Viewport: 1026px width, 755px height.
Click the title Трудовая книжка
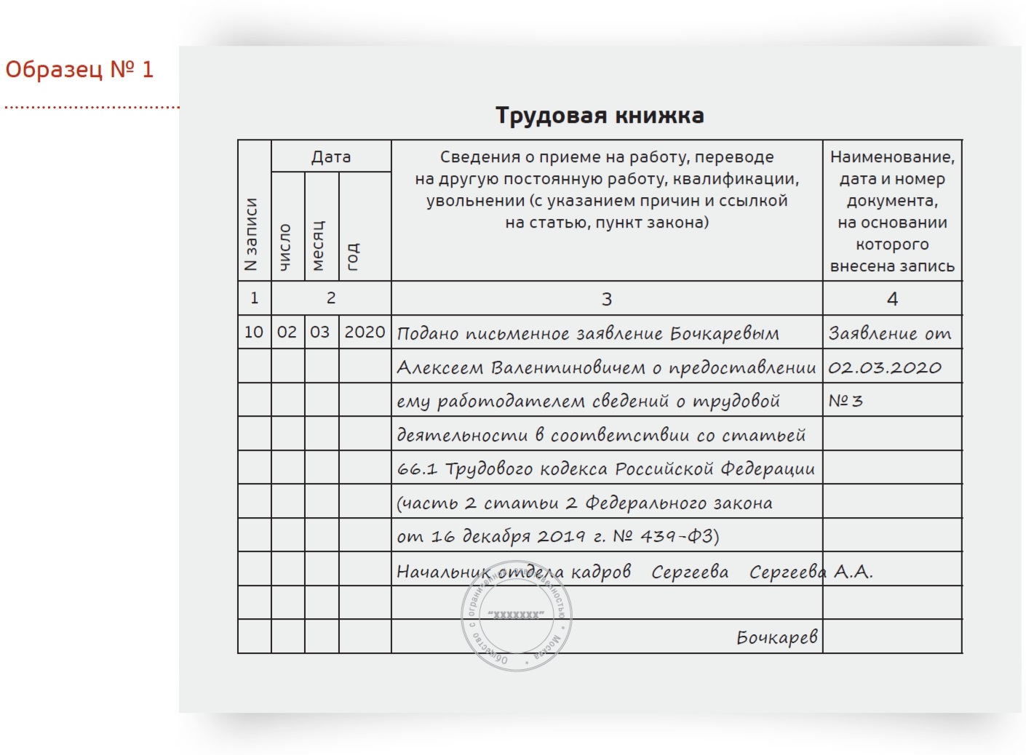click(600, 116)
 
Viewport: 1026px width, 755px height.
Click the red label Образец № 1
click(79, 69)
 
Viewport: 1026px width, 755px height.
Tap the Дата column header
click(331, 156)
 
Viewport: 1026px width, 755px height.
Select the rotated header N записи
click(252, 234)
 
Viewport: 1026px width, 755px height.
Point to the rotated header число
click(285, 247)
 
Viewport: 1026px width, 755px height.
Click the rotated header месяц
click(318, 245)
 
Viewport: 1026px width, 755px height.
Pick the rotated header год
click(352, 257)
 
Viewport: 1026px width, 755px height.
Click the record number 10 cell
click(254, 332)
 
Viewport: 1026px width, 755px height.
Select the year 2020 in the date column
click(365, 332)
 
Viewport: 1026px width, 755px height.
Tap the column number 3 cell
click(607, 298)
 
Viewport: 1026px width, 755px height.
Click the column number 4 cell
click(892, 298)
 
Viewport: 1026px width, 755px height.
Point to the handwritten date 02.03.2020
click(885, 367)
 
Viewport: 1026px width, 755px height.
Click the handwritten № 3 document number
click(846, 401)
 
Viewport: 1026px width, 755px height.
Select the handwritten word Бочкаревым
click(725, 333)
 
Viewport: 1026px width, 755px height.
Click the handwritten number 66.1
click(417, 469)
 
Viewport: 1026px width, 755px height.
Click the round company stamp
click(517, 617)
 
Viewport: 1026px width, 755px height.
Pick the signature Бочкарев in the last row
click(777, 638)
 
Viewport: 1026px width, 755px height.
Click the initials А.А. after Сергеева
click(853, 572)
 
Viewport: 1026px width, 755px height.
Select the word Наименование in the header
click(892, 156)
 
